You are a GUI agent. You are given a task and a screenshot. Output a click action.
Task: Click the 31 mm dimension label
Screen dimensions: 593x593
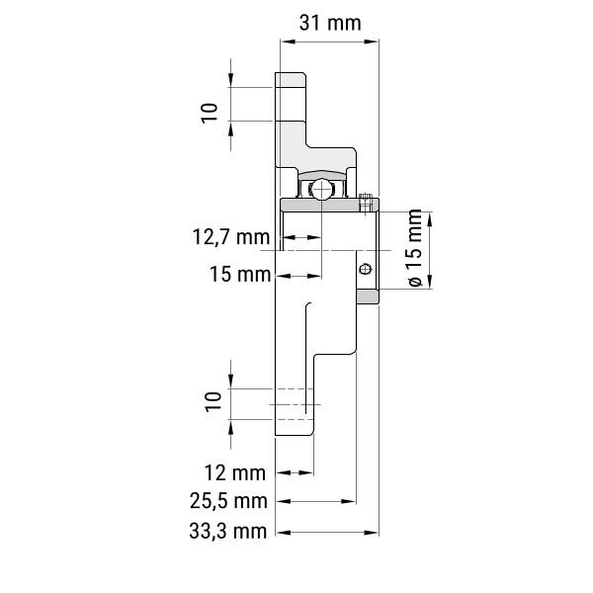tap(330, 23)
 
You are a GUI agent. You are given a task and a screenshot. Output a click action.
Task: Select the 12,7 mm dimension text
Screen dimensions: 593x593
tap(231, 237)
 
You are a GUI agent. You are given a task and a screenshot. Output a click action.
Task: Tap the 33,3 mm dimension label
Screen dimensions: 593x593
tap(228, 531)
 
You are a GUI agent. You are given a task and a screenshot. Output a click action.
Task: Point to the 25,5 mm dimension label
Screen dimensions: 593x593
tap(228, 501)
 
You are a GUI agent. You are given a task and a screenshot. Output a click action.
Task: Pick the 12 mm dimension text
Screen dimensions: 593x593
tap(235, 472)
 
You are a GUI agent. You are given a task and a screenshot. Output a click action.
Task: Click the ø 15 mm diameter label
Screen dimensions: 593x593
tap(415, 248)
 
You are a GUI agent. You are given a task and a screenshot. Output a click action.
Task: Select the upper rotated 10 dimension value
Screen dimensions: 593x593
tap(210, 113)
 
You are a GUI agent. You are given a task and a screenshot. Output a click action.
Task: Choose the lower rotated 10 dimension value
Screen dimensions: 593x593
tap(212, 402)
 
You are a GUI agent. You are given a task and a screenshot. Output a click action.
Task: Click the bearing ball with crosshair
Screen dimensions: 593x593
tap(321, 189)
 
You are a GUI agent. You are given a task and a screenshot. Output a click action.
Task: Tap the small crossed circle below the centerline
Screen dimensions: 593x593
tap(365, 269)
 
